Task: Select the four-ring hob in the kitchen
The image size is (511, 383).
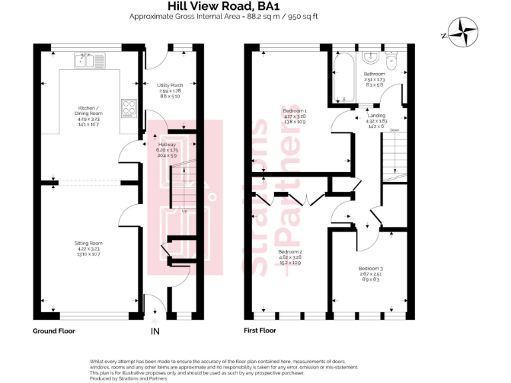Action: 128,108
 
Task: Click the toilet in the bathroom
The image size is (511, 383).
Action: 392,63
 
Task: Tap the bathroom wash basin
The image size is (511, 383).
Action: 371,57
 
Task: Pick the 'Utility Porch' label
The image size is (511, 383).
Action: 170,90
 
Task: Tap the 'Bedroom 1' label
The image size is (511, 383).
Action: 294,116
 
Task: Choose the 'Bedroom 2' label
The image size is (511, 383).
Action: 290,257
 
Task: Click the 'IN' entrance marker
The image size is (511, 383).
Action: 155,330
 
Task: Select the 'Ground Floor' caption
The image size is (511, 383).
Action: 54,330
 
